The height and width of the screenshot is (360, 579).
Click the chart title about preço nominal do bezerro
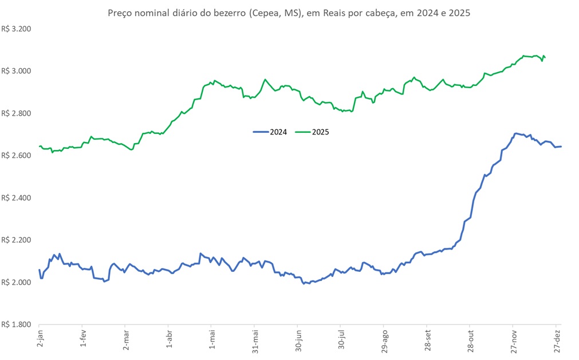[289, 13]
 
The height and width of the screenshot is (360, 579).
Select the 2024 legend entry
[269, 132]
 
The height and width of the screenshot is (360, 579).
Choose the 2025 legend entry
[312, 132]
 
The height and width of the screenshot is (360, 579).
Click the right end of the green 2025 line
[545, 57]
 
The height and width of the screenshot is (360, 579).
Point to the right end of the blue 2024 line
[561, 147]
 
